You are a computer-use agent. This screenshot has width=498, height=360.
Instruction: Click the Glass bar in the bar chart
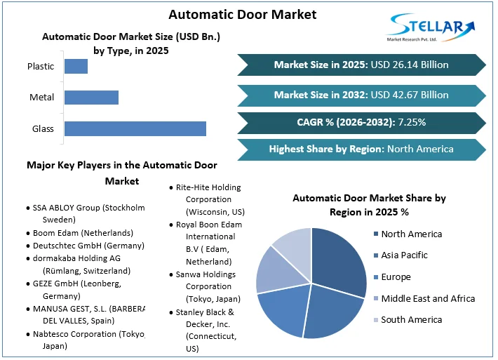click(135, 128)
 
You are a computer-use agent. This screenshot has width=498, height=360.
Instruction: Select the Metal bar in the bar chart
click(91, 97)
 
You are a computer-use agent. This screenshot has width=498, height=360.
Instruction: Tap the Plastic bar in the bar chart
click(76, 66)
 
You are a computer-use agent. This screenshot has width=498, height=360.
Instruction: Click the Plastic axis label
click(41, 66)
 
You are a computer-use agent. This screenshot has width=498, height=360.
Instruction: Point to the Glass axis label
click(43, 128)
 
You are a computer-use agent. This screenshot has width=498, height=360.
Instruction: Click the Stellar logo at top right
click(432, 29)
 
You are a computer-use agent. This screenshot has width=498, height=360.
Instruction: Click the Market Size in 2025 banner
click(361, 65)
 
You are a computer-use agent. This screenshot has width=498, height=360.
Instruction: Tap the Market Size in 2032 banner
click(361, 95)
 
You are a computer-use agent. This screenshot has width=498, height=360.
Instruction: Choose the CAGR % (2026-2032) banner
click(361, 122)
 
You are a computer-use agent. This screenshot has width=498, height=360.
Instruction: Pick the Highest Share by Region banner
click(361, 149)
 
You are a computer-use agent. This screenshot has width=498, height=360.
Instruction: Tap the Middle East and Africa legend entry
click(427, 298)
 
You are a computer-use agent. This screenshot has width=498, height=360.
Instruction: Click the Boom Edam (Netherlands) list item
click(83, 232)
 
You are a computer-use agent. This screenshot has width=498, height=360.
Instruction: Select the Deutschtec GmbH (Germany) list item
click(88, 246)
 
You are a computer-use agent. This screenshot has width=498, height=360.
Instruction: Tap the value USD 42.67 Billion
click(410, 95)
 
